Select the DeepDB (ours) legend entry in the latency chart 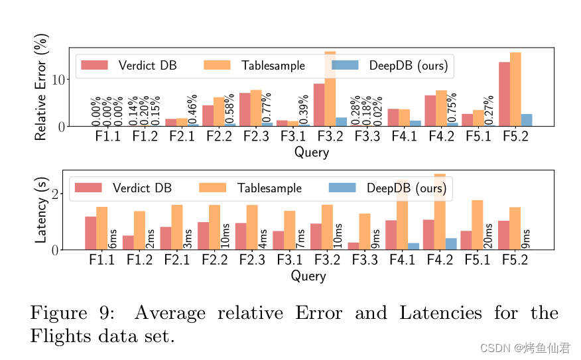tap(389, 188)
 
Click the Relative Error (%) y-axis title tap(41, 87)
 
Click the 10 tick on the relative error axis tap(57, 80)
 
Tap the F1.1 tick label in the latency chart tap(101, 261)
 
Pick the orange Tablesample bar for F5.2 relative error tap(515, 90)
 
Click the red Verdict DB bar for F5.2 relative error tap(504, 94)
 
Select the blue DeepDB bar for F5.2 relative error tap(527, 120)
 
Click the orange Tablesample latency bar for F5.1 tap(478, 225)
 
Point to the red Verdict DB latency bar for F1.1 tap(90, 233)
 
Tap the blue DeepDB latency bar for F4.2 tap(451, 243)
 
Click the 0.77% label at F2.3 tap(267, 109)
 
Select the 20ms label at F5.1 tap(488, 236)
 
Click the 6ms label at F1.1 tap(113, 239)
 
